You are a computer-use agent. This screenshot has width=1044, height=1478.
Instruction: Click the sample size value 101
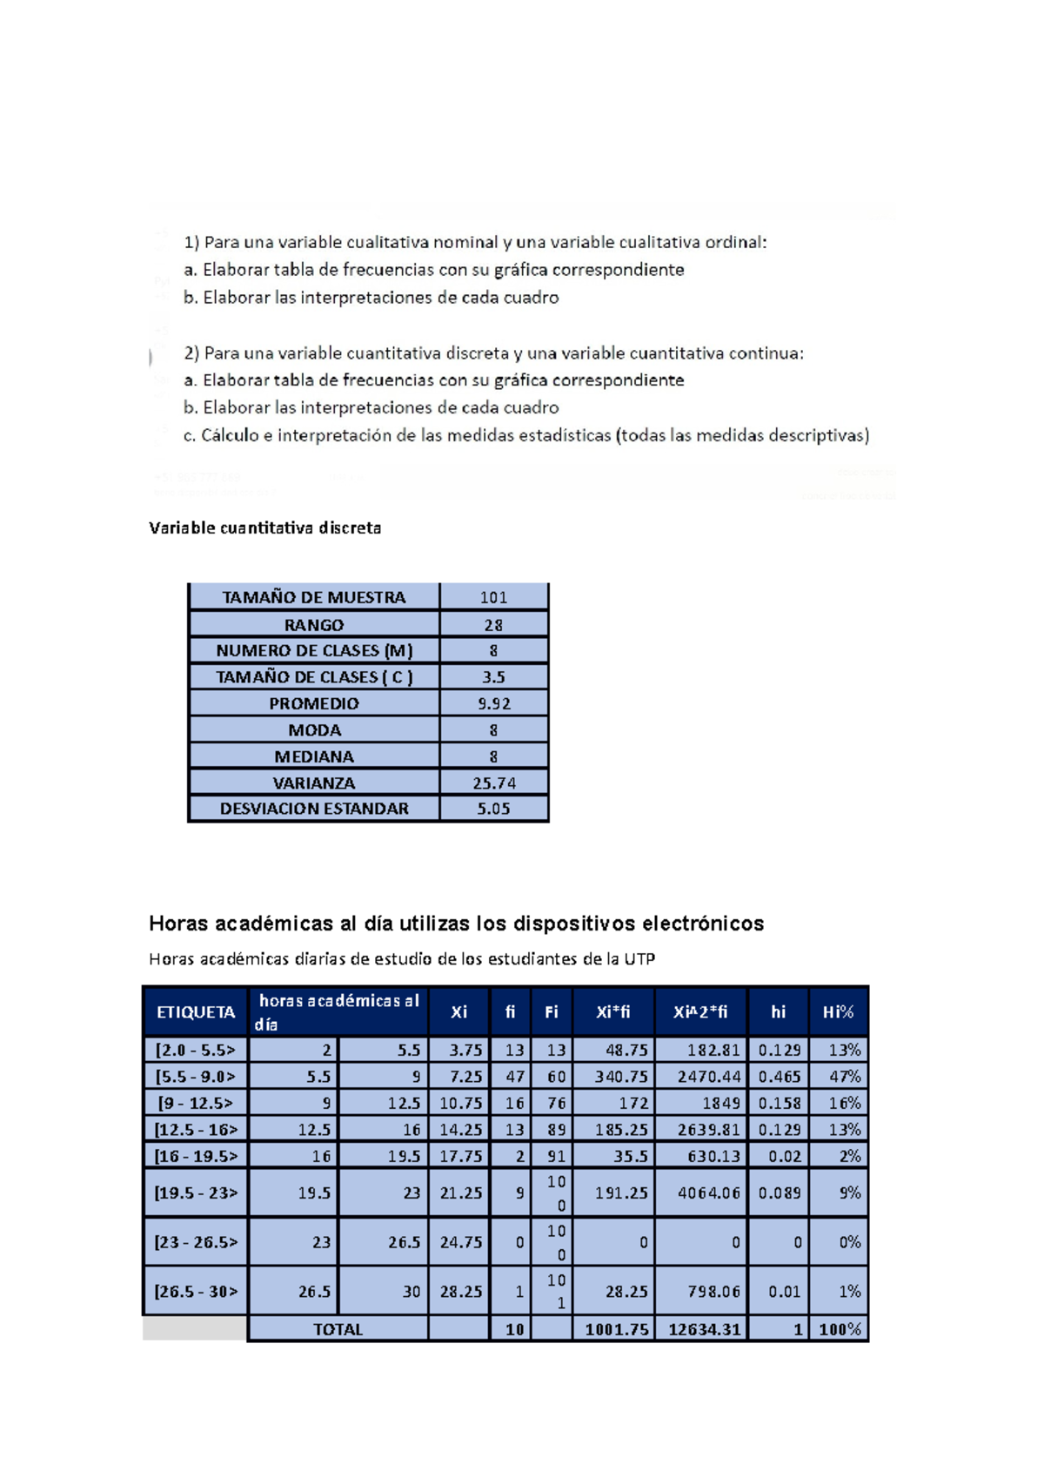coord(493,597)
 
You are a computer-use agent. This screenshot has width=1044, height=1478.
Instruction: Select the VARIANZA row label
coord(313,783)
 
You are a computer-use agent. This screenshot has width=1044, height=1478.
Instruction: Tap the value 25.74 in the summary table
coord(493,783)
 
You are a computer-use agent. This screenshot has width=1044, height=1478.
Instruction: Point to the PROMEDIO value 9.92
coord(493,703)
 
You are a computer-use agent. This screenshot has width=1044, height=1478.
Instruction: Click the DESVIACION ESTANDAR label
coord(313,809)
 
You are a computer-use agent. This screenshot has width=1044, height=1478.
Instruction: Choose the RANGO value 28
coord(493,625)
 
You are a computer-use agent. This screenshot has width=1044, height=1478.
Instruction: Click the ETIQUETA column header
coord(196,1011)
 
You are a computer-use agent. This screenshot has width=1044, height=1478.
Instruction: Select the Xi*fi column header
coord(612,1011)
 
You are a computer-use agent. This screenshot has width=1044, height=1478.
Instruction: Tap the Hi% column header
coord(838,1011)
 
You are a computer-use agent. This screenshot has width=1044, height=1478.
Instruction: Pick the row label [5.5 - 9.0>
coord(196,1077)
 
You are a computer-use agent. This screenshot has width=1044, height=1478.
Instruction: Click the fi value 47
coord(514,1077)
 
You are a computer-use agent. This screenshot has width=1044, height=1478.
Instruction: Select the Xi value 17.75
coord(460,1156)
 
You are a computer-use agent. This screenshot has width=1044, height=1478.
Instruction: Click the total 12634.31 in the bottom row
coord(704,1329)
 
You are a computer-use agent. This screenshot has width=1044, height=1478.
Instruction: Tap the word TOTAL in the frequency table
coord(338,1329)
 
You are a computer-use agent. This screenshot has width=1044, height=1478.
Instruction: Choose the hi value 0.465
coord(779,1077)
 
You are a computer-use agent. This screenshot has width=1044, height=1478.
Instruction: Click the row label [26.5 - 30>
coord(196,1292)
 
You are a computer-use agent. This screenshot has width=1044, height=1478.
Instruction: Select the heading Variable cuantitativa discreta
coord(264,527)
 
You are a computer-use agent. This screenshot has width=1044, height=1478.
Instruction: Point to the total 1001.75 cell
coord(616,1329)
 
